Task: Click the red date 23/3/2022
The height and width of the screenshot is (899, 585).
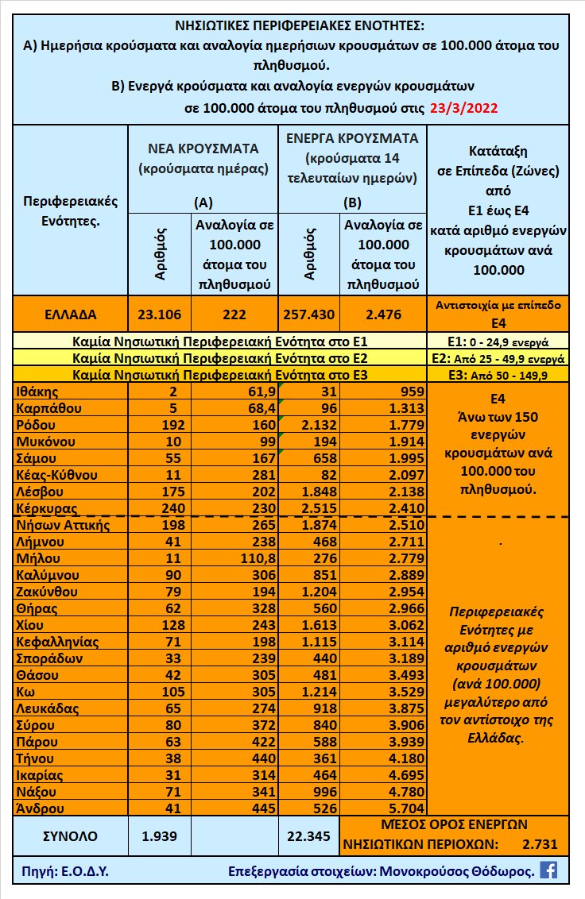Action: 463,109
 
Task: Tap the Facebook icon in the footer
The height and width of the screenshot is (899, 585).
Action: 548,870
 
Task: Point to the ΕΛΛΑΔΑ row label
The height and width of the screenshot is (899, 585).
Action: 70,314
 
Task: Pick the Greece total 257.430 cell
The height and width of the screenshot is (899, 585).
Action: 308,314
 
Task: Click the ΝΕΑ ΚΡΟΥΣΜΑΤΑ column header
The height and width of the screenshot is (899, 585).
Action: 203,148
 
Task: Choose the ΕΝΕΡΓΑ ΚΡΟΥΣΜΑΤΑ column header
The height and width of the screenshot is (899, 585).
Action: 352,137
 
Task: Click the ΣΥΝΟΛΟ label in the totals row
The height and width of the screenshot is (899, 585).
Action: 70,835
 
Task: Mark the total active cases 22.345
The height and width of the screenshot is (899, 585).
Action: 308,835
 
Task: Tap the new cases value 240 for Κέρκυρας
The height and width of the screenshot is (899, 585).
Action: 172,508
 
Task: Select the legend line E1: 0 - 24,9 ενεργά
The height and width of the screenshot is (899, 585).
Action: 498,343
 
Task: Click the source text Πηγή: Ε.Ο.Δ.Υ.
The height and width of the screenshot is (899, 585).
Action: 62,871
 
